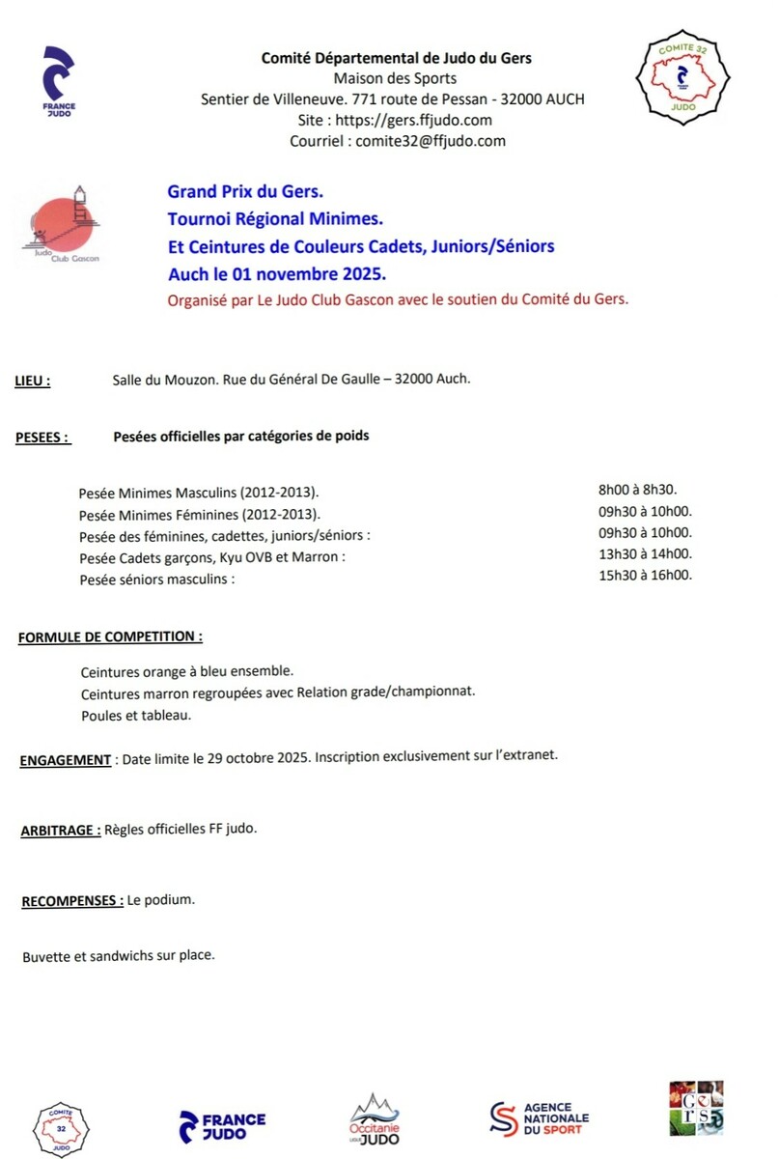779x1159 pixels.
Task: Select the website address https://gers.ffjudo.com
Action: [396, 120]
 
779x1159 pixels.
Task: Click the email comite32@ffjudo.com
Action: [397, 141]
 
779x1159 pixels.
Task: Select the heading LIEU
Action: [33, 381]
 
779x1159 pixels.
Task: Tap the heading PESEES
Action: [43, 438]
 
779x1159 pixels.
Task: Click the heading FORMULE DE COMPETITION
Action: [110, 637]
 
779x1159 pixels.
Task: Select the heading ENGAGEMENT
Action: [66, 760]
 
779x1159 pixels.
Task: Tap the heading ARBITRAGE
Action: [60, 830]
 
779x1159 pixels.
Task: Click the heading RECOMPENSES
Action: [72, 901]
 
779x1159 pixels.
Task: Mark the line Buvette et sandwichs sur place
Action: [118, 956]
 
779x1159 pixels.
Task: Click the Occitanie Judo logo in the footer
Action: [374, 1120]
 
